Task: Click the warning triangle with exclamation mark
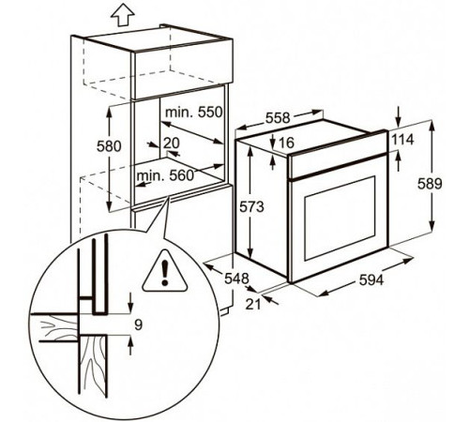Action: click(x=165, y=270)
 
